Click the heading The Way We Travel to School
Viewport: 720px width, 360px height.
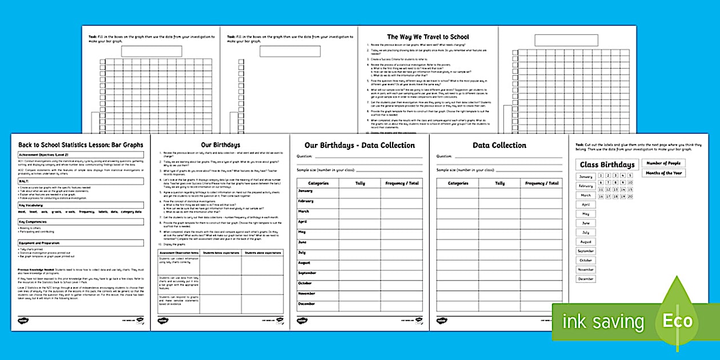point(428,37)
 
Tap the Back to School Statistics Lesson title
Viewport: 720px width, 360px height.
point(81,145)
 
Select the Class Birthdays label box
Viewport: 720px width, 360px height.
point(607,165)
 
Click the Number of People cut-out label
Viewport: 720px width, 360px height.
point(663,163)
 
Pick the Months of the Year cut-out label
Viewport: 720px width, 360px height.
point(663,173)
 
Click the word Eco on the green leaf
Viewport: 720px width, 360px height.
point(678,321)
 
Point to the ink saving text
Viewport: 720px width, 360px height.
point(603,322)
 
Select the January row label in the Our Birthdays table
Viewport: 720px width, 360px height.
point(306,191)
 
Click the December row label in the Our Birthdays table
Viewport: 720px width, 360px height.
point(307,304)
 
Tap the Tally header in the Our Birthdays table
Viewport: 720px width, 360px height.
point(360,183)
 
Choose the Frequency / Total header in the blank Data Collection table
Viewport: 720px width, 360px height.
point(541,183)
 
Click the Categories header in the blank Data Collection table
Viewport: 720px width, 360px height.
point(458,183)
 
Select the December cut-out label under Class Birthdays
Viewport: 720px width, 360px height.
point(586,279)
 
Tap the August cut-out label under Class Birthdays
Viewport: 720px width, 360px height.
point(586,242)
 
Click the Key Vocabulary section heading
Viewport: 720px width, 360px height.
point(31,204)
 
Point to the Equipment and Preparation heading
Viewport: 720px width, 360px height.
point(39,242)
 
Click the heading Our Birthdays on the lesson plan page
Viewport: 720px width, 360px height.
point(220,145)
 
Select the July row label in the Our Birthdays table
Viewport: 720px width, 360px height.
point(302,253)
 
